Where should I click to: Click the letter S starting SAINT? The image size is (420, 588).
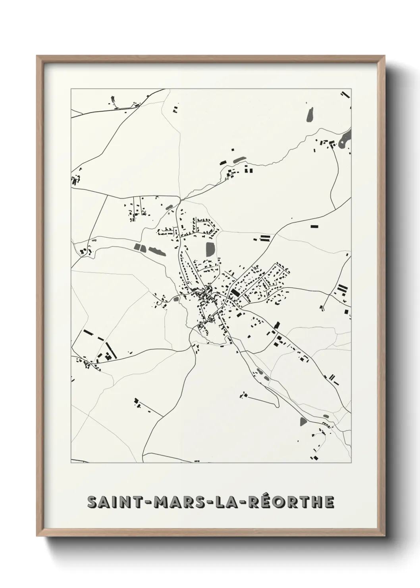(92, 502)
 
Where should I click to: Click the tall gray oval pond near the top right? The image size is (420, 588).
(310, 115)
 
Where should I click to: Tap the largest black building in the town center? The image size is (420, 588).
(235, 294)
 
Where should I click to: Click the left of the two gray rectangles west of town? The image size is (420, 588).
(139, 247)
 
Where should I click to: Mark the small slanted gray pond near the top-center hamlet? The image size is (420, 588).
(239, 160)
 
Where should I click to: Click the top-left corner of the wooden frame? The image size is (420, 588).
(37, 56)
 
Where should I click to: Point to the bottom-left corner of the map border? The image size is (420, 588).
(71, 463)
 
